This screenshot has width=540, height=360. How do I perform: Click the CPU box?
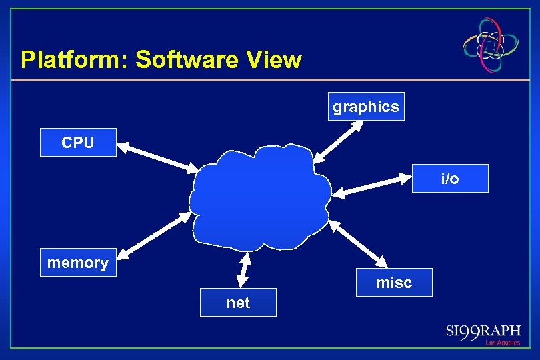(78, 142)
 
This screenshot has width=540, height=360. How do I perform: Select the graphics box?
(366, 106)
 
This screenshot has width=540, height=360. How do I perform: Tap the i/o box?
(450, 178)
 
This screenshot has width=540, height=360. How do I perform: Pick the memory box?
(78, 263)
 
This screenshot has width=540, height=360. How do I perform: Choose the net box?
(238, 302)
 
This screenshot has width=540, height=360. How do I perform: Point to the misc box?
(394, 282)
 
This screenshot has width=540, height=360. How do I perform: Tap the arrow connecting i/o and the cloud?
(370, 185)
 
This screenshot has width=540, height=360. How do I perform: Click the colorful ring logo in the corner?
(491, 45)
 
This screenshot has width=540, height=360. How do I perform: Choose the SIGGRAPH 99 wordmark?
(483, 331)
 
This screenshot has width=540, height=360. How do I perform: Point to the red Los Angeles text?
(502, 343)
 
